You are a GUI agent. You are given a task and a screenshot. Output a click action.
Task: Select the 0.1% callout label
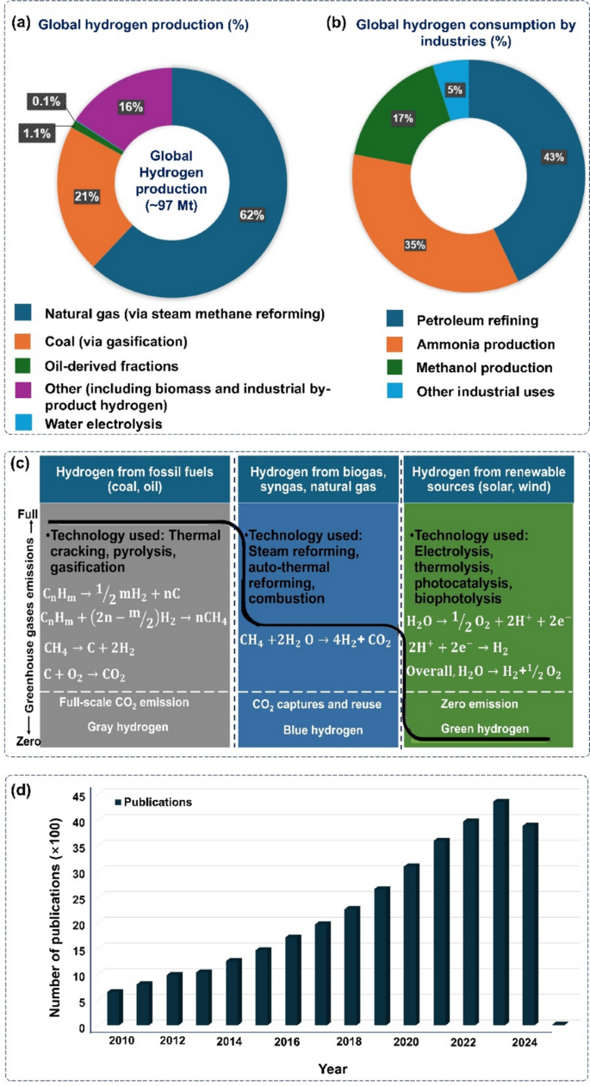tap(46, 102)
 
